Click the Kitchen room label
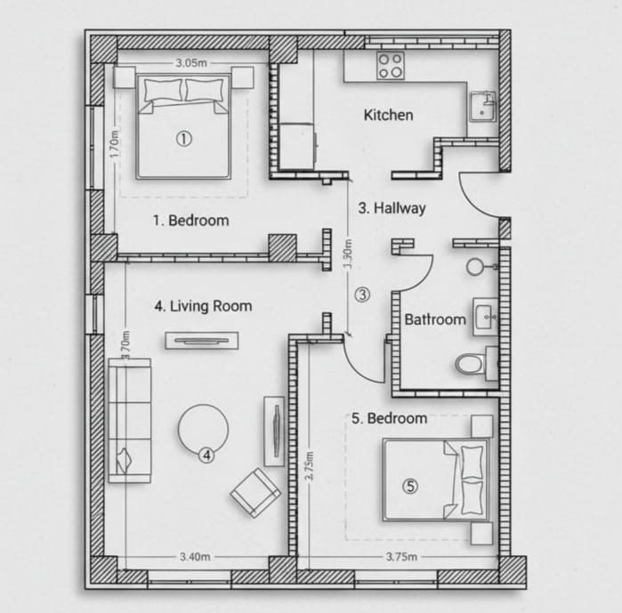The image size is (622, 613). [388, 115]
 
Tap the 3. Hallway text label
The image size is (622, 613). [392, 208]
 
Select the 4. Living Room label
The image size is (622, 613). [203, 306]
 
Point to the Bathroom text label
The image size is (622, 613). [435, 319]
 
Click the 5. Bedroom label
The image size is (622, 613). [390, 418]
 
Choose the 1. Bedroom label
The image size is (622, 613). [190, 220]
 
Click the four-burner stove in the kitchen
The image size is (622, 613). [389, 66]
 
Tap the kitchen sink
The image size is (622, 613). [483, 106]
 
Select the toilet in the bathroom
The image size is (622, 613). [469, 364]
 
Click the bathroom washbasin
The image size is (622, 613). [485, 316]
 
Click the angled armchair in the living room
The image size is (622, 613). [255, 493]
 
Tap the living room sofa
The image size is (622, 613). [129, 420]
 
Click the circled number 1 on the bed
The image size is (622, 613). [183, 138]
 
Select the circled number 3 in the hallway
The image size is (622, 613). [362, 294]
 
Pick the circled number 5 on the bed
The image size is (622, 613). [410, 485]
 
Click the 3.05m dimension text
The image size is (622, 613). [191, 63]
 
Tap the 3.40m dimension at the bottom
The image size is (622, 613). [195, 557]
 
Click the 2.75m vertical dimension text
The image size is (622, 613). [308, 465]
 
